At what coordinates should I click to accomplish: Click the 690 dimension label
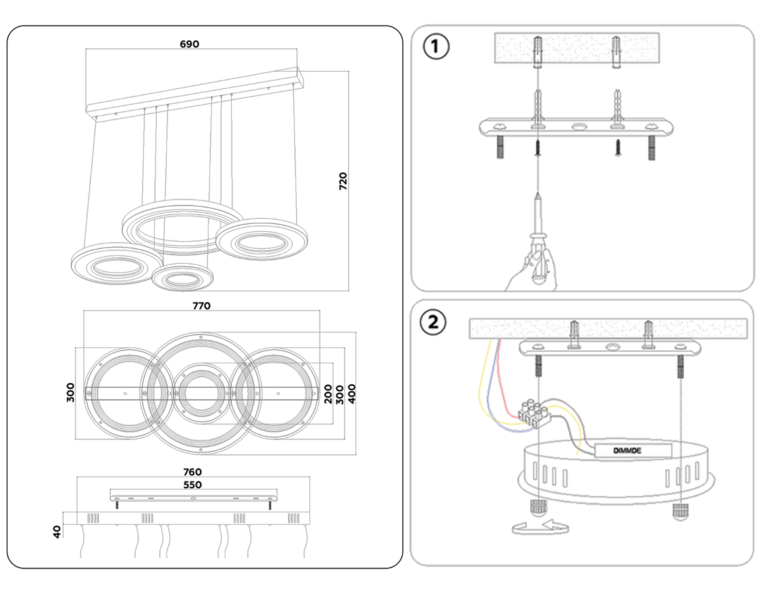pyautogui.click(x=189, y=44)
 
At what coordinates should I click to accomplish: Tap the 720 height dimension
pyautogui.click(x=343, y=181)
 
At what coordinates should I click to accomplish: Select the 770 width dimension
pyautogui.click(x=201, y=306)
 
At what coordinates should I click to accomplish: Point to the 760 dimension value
pyautogui.click(x=192, y=472)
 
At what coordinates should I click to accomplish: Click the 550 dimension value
pyautogui.click(x=192, y=485)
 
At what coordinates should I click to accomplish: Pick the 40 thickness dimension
pyautogui.click(x=57, y=532)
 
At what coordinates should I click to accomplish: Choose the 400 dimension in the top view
pyautogui.click(x=352, y=394)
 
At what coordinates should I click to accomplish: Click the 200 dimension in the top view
pyautogui.click(x=328, y=394)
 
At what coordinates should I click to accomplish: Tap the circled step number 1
pyautogui.click(x=436, y=46)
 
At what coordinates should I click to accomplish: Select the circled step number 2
pyautogui.click(x=433, y=322)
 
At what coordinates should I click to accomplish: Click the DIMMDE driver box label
pyautogui.click(x=627, y=450)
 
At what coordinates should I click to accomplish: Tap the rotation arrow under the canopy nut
pyautogui.click(x=540, y=528)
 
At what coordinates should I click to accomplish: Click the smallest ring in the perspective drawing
pyautogui.click(x=183, y=278)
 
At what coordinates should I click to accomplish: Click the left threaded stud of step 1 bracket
pyautogui.click(x=501, y=147)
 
